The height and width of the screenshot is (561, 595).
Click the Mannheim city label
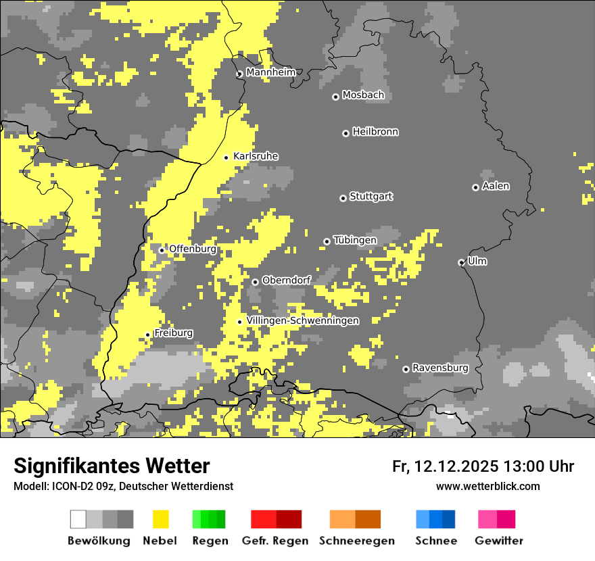click(x=270, y=72)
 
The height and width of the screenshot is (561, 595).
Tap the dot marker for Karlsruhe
click(x=227, y=157)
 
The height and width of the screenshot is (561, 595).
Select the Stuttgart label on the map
click(x=371, y=197)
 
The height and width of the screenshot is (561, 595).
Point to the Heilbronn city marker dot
click(x=346, y=133)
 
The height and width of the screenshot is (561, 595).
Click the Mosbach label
click(x=363, y=95)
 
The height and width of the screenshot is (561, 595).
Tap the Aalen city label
click(x=496, y=186)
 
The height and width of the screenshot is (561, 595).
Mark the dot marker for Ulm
click(x=462, y=262)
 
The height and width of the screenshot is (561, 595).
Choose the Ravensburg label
click(x=440, y=368)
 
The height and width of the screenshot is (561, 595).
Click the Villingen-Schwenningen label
click(x=302, y=320)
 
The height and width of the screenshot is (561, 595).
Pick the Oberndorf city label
click(x=286, y=280)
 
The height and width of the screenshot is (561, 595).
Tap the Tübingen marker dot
click(x=327, y=241)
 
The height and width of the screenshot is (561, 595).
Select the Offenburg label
click(x=192, y=249)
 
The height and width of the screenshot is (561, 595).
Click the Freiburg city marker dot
click(x=147, y=335)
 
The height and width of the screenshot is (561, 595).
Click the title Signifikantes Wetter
click(x=112, y=466)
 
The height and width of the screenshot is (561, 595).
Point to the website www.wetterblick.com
click(x=487, y=486)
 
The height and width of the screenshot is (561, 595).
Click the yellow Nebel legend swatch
click(x=160, y=519)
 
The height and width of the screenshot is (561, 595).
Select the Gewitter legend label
click(x=498, y=541)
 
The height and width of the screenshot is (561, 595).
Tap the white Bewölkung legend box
click(x=78, y=519)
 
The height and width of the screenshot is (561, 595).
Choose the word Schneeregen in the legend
click(x=356, y=541)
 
